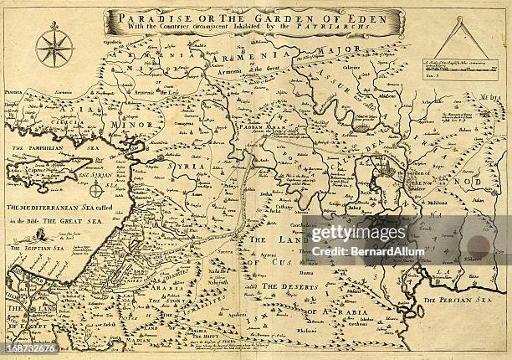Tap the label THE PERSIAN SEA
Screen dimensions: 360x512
click(x=452, y=300)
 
